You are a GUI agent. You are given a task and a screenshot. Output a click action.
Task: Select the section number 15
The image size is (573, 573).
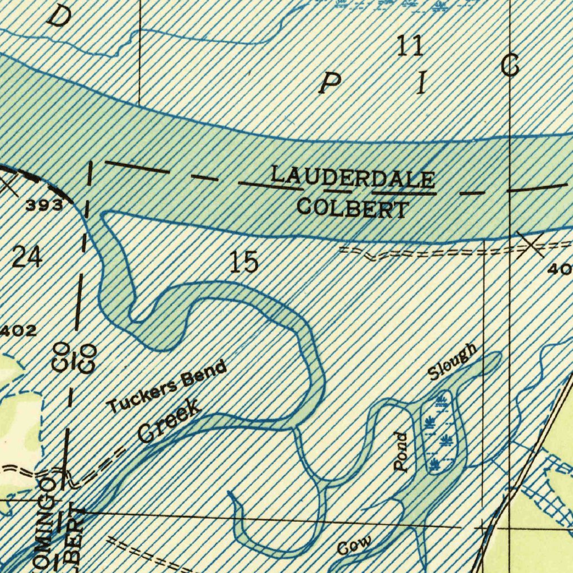coord(245,262)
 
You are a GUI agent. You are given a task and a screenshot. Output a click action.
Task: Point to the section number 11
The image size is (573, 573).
coord(410,47)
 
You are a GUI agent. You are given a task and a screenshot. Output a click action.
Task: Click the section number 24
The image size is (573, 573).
coord(26,258)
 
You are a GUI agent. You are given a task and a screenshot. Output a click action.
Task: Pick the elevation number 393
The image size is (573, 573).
coord(44,205)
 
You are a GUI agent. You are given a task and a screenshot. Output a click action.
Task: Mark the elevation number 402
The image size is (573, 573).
coord(18,331)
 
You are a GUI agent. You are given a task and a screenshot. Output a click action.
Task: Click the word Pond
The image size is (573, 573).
coord(401,452)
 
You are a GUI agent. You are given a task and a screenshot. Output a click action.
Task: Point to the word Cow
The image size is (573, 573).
coord(355,546)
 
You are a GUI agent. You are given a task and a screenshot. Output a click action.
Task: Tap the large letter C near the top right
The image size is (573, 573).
coord(510,67)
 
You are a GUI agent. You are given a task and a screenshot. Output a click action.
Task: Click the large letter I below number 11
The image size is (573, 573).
coord(420,84)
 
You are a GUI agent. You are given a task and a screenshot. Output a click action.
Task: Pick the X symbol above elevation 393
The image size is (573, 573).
coord(8,185)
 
